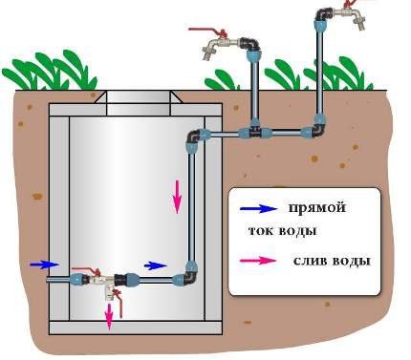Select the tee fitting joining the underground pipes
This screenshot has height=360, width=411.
click(256, 125)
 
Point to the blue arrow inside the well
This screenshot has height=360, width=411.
click(154, 265)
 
